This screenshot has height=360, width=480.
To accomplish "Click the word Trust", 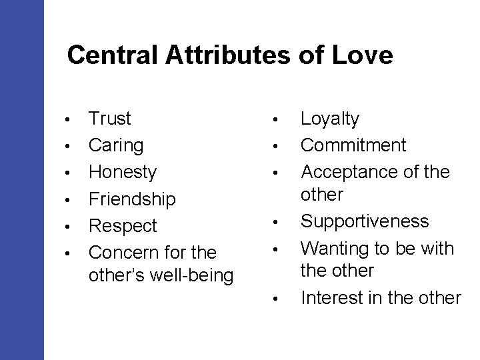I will tap(110, 119).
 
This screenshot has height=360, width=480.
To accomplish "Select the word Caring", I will tap(116, 145).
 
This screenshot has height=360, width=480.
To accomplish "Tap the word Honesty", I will tap(123, 172).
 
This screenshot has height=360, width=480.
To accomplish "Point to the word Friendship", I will tap(132, 199).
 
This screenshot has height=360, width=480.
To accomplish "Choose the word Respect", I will tap(123, 225).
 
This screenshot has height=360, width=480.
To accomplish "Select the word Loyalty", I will tap(330, 119).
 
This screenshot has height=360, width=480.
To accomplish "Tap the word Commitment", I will tap(353, 145).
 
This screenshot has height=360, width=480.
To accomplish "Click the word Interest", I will tap(331, 297).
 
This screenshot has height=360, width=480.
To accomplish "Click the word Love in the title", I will tap(365, 56).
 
